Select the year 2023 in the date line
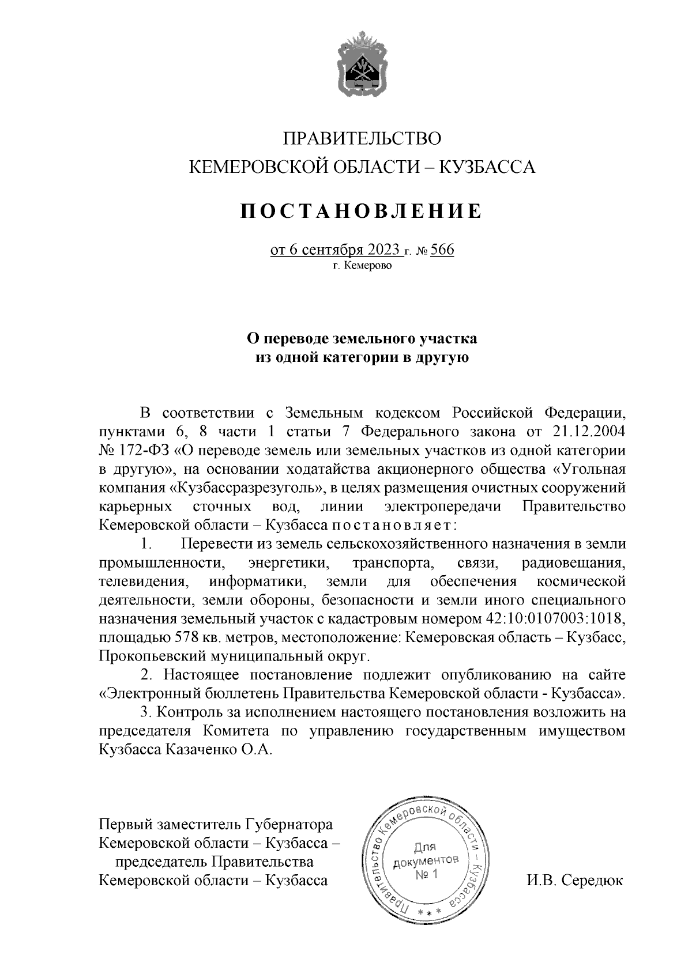click(381, 251)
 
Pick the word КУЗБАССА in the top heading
click(488, 167)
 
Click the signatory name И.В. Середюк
click(574, 881)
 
